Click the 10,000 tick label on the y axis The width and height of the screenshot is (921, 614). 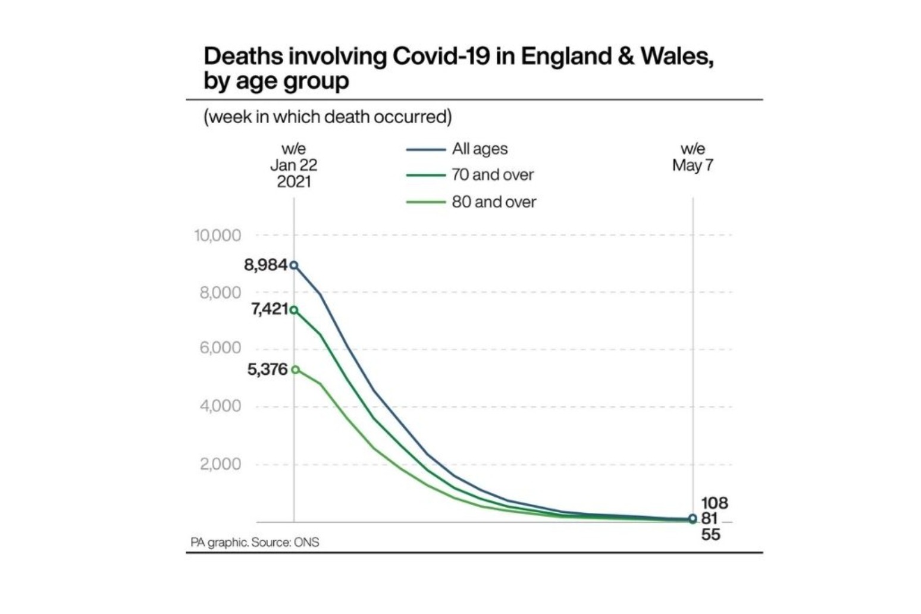click(217, 236)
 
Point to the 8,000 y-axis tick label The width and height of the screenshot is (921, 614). click(220, 293)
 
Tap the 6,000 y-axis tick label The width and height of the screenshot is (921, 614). click(220, 348)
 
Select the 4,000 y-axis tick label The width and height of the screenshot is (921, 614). click(220, 406)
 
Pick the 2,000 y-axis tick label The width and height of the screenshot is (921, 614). click(220, 464)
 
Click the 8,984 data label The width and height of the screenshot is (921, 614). click(265, 265)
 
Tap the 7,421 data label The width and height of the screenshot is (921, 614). click(269, 309)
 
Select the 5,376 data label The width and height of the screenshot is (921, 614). click(267, 369)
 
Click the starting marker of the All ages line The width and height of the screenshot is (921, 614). click(294, 265)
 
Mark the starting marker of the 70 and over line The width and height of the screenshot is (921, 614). click(294, 310)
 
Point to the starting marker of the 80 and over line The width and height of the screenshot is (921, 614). click(295, 370)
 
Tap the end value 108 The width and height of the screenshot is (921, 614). click(714, 503)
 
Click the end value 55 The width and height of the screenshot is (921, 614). click(710, 535)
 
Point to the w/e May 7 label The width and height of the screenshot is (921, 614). click(693, 157)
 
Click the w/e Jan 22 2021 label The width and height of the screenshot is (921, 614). click(294, 165)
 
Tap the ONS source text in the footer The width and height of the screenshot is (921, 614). click(306, 543)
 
